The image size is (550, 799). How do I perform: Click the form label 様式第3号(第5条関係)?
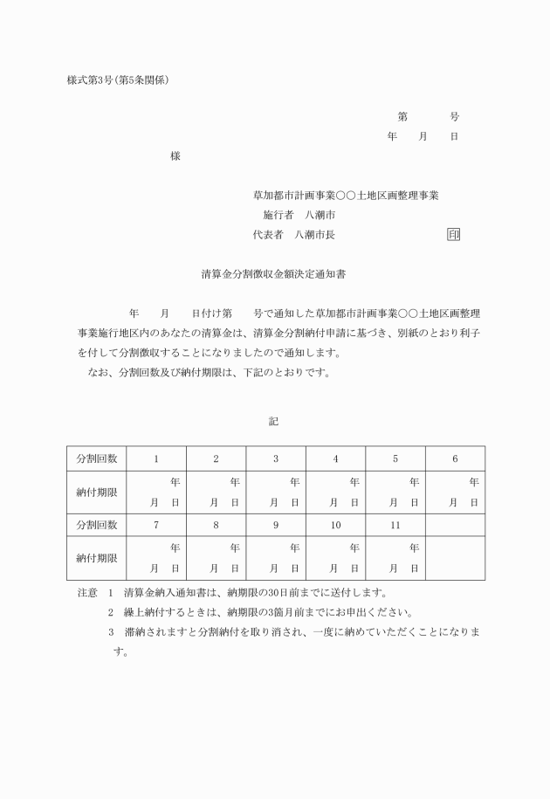click(118, 80)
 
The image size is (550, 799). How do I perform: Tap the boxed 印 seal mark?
click(453, 234)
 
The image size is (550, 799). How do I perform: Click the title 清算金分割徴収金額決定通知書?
click(274, 273)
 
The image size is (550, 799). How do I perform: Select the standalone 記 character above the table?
click(274, 421)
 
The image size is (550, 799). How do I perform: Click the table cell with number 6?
click(455, 458)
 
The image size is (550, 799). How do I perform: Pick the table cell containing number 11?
click(395, 526)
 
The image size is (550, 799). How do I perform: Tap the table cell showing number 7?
click(156, 526)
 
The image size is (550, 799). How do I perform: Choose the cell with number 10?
click(335, 526)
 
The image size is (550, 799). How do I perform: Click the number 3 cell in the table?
click(276, 458)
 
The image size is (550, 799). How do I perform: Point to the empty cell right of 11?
click(455, 526)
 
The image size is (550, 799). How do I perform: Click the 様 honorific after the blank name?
click(175, 156)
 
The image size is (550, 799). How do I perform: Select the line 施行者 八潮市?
click(299, 215)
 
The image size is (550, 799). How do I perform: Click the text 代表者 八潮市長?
click(293, 234)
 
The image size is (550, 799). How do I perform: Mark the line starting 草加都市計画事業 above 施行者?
click(346, 195)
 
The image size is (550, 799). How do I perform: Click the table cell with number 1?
click(156, 458)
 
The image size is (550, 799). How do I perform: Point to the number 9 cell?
click(276, 526)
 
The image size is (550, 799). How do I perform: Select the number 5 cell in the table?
click(395, 458)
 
